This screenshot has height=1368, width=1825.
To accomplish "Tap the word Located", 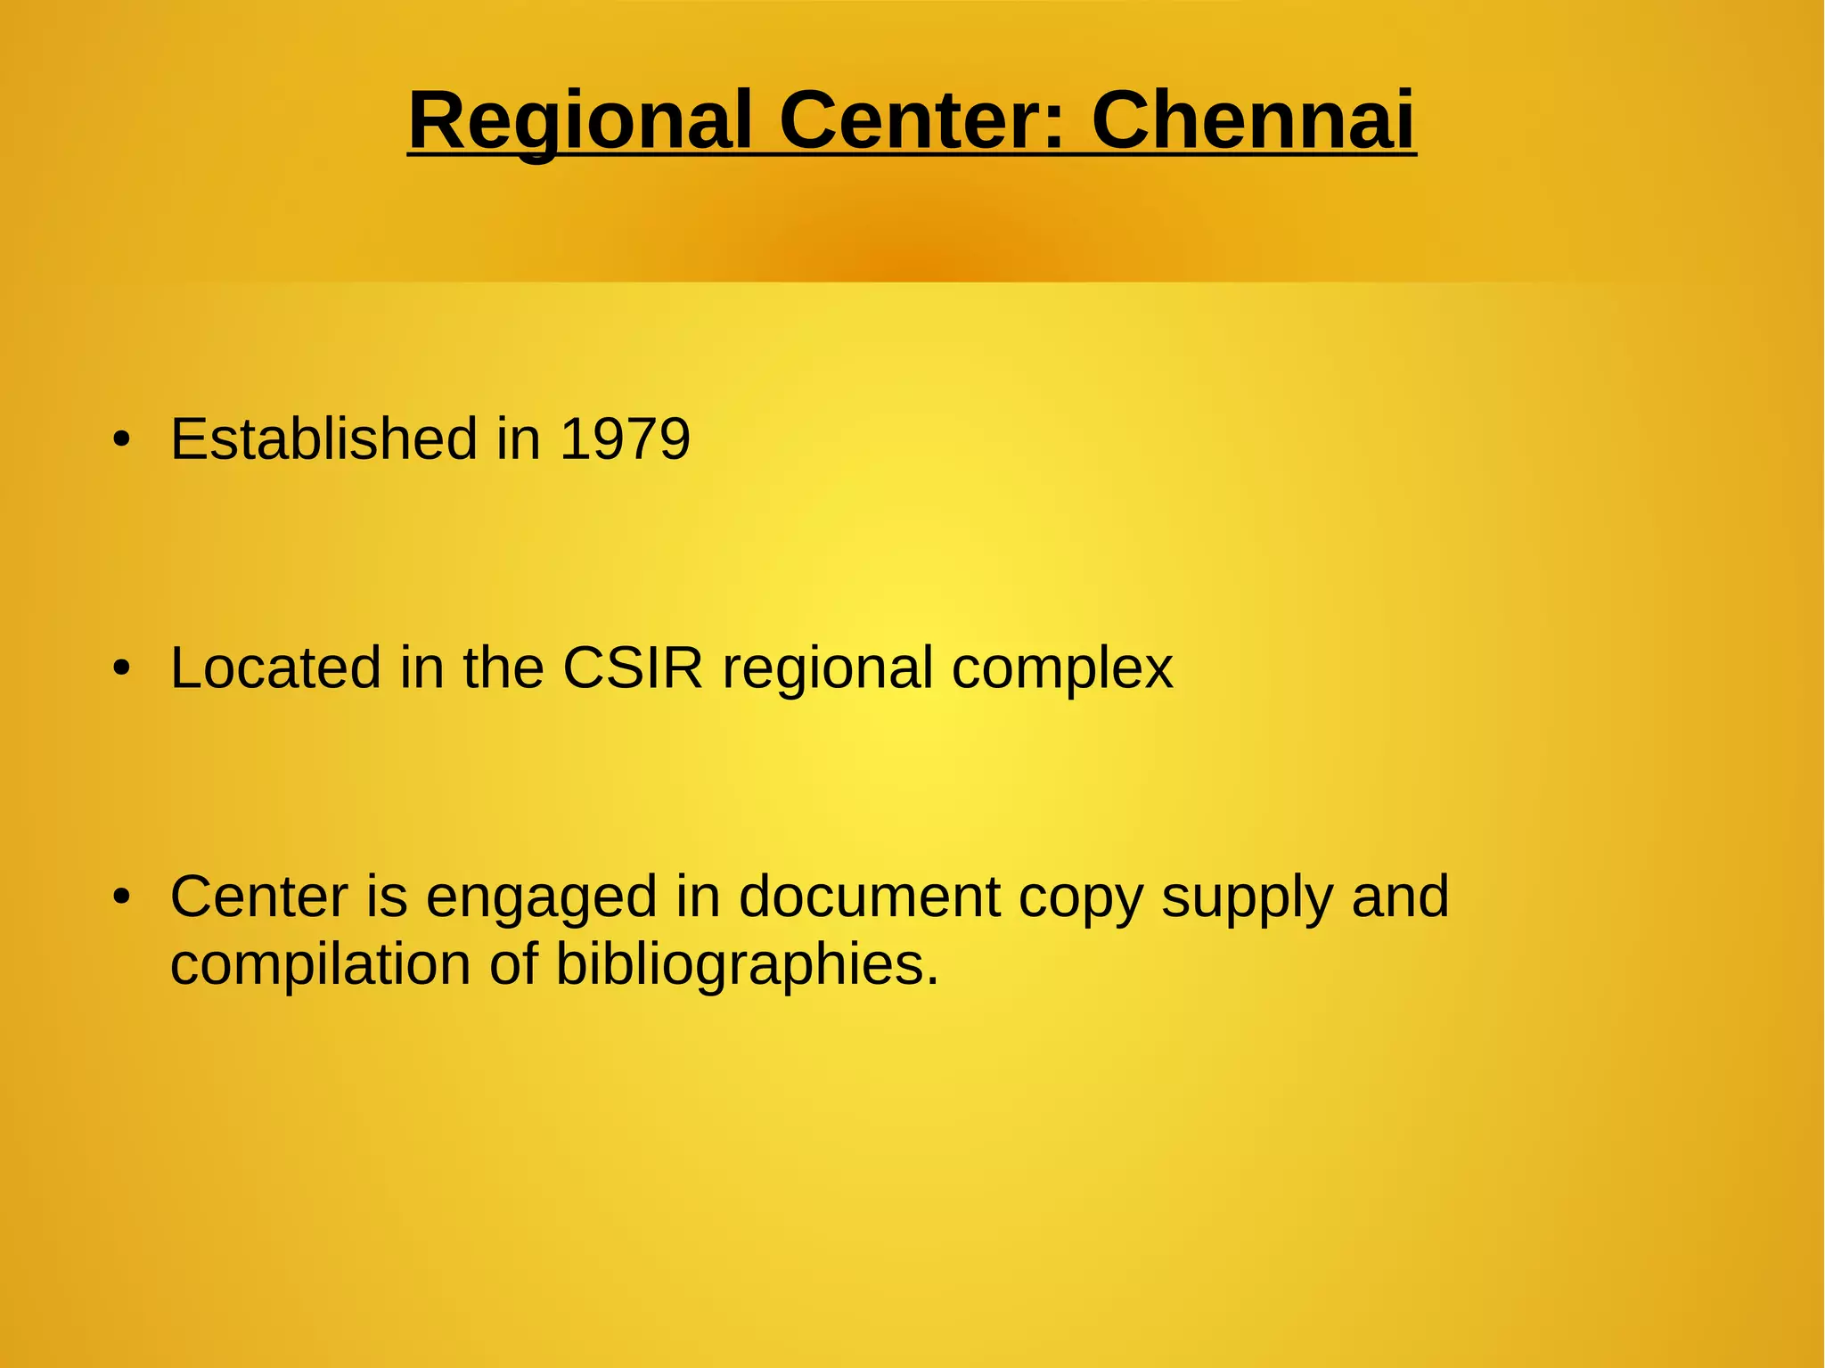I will tap(275, 668).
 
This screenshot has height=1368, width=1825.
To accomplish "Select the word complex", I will tap(1062, 668).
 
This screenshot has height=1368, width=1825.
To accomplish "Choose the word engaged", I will tap(541, 898).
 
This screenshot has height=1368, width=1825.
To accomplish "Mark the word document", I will tap(869, 897).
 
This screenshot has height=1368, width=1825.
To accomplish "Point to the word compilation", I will tap(320, 965).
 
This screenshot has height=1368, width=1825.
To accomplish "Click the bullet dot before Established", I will tap(122, 439).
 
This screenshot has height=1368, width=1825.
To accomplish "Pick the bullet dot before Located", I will tap(122, 668).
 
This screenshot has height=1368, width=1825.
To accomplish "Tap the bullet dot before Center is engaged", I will tap(122, 897).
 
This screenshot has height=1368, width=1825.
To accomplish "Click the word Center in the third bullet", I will tap(259, 897).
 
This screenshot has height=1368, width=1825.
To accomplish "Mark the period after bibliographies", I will tap(932, 980).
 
